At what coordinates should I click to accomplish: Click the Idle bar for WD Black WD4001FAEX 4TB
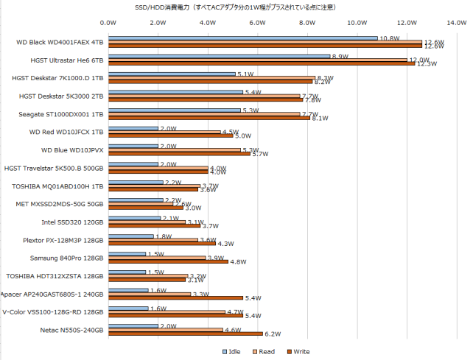(x=243, y=38)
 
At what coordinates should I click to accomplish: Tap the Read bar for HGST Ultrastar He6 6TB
(x=258, y=60)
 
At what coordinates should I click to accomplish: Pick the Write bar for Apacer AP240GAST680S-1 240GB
(x=175, y=297)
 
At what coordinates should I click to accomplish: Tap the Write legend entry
(x=297, y=351)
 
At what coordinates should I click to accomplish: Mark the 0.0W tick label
(x=108, y=22)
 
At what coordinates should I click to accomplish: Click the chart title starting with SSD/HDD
(x=236, y=7)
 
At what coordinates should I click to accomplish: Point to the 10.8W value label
(x=389, y=38)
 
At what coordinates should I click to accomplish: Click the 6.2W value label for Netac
(x=273, y=334)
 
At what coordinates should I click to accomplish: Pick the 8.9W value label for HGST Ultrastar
(x=340, y=56)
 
